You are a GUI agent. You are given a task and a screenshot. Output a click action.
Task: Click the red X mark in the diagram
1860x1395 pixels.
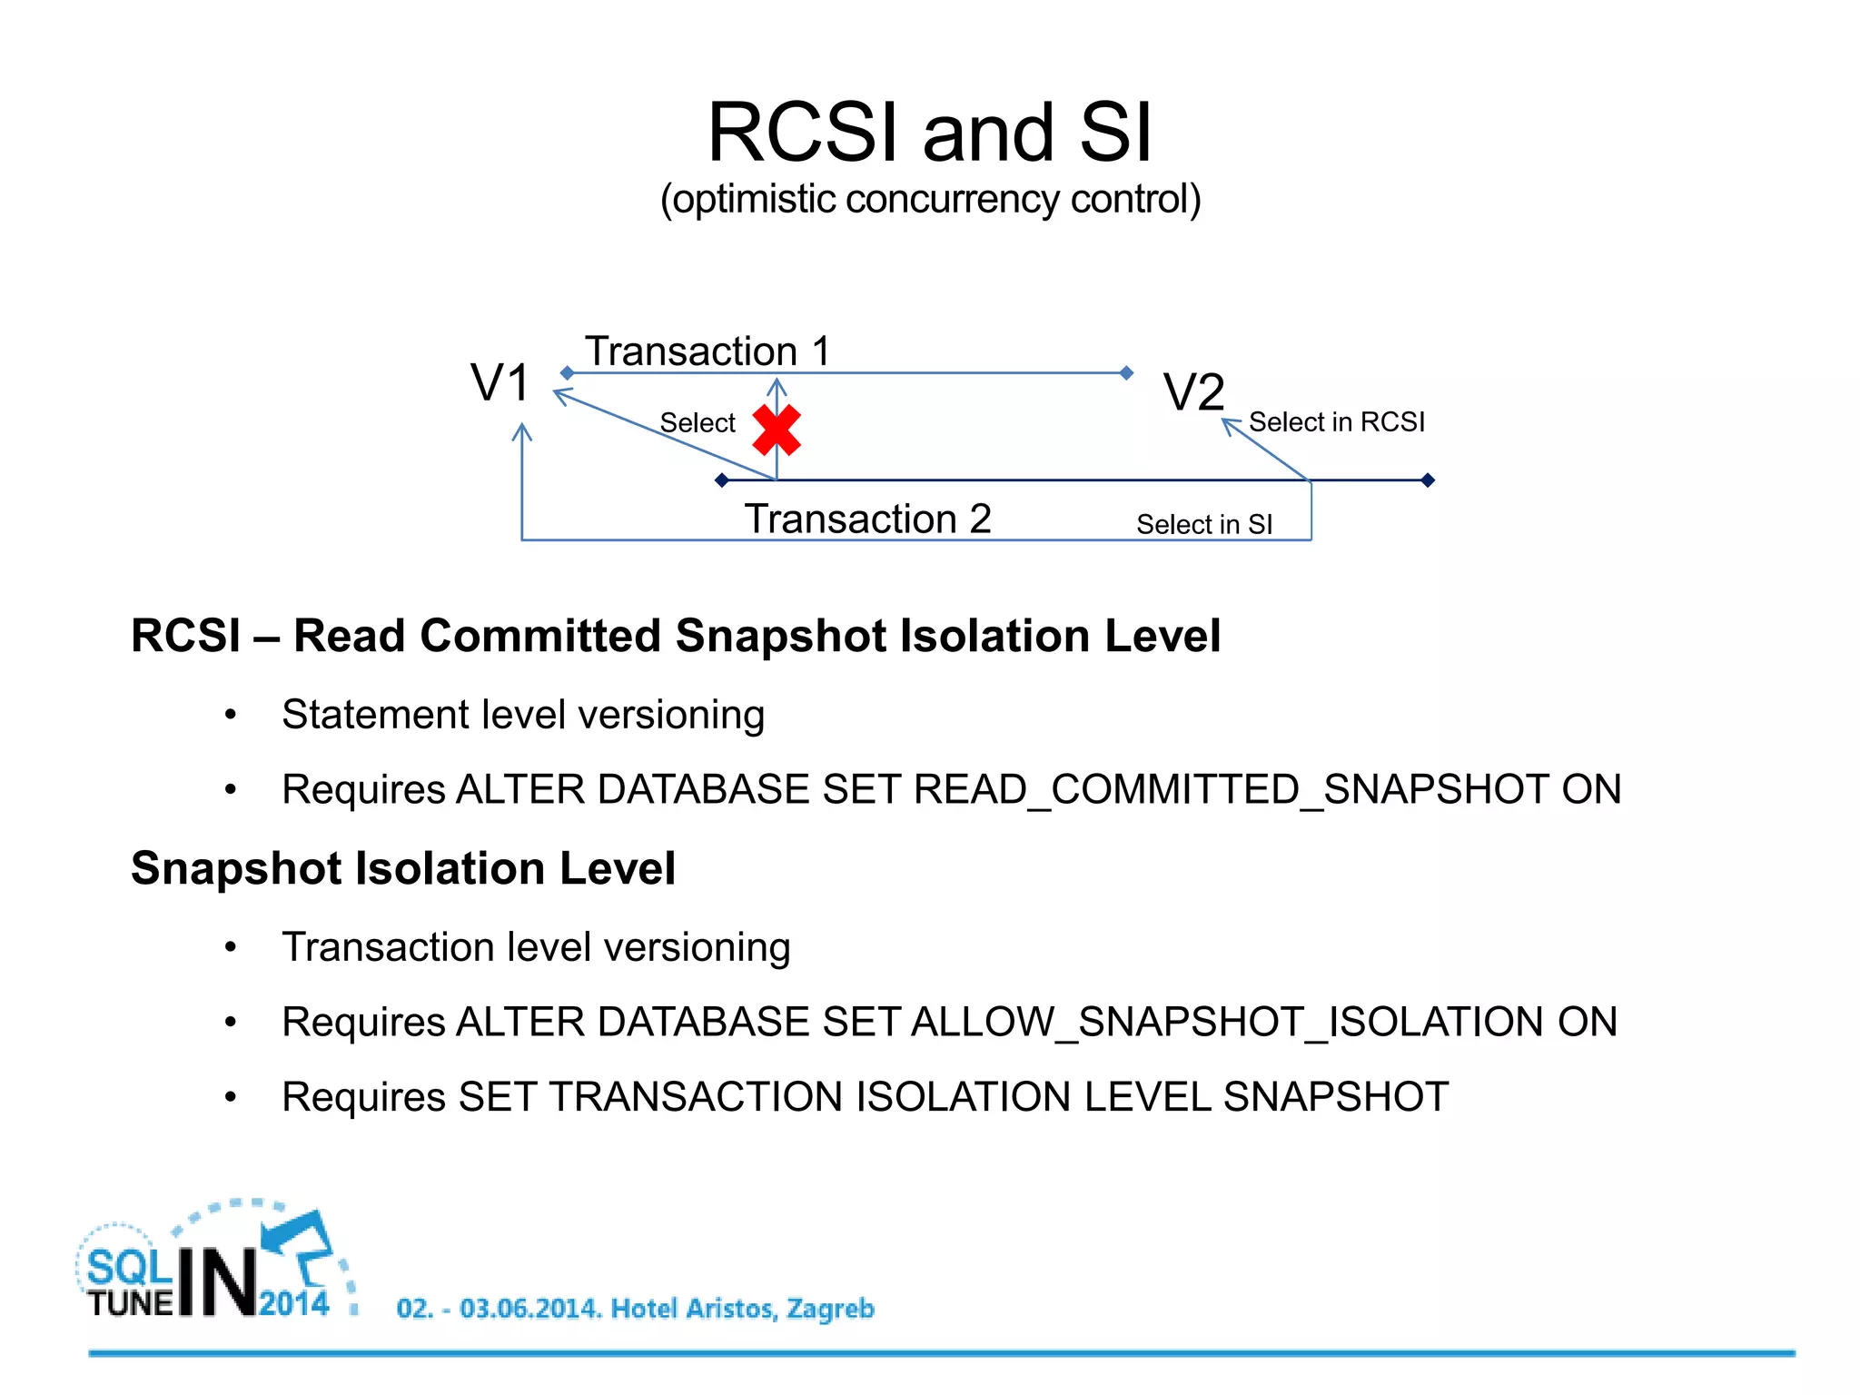click(x=777, y=430)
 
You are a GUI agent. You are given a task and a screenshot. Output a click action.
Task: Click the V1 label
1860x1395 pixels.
click(x=500, y=382)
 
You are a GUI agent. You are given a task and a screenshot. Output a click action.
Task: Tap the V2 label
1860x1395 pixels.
click(x=1194, y=392)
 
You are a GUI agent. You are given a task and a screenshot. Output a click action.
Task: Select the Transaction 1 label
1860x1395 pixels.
click(x=707, y=351)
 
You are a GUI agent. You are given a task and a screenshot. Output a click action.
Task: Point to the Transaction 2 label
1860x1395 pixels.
click(x=867, y=519)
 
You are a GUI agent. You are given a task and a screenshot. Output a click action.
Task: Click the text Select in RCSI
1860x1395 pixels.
click(x=1336, y=422)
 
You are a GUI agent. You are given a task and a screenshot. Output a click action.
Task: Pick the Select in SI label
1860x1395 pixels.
click(x=1204, y=525)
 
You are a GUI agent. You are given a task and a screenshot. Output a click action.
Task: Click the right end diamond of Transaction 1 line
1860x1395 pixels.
click(x=1126, y=373)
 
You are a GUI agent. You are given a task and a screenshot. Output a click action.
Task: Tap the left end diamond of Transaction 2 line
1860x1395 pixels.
click(x=722, y=480)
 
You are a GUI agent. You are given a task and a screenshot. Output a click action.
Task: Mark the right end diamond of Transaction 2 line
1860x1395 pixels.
click(x=1428, y=480)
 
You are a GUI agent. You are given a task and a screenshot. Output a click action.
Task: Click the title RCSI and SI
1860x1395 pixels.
click(x=929, y=133)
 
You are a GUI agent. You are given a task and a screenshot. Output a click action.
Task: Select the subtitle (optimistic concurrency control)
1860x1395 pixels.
click(x=930, y=200)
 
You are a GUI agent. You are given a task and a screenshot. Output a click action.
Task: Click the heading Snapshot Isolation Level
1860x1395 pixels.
click(x=403, y=868)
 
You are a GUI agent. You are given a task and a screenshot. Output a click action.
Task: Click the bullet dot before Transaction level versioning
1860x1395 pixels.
click(x=231, y=947)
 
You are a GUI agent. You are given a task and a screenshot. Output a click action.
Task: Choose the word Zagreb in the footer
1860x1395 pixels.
click(x=829, y=1309)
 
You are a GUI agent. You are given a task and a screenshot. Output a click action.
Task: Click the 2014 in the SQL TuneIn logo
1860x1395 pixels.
click(x=294, y=1303)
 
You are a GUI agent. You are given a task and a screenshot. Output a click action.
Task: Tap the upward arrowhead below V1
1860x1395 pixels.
click(x=522, y=431)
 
